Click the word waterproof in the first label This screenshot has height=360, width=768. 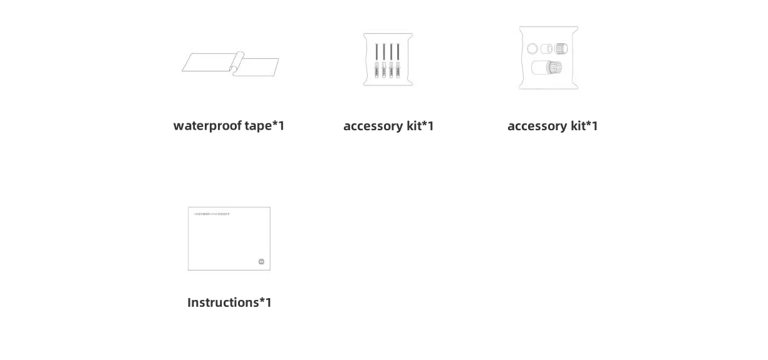coord(207,126)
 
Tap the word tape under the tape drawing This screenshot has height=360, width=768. coord(258,126)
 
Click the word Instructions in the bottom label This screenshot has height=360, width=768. coord(223,302)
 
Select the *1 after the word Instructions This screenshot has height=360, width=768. coord(266,302)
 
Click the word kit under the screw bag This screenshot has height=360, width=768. coord(414,126)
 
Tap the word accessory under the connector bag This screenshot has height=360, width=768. coord(537,126)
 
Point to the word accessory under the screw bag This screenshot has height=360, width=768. coord(373,126)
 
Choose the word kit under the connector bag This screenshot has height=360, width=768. coord(578,126)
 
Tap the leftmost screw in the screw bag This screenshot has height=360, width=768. coord(376,53)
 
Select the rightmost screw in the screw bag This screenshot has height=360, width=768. coord(399,53)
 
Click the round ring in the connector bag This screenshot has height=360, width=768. coord(532,49)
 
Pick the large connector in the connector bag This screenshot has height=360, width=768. coord(546,67)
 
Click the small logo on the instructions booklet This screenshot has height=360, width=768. coord(261,262)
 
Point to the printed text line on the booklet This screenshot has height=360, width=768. coord(212,214)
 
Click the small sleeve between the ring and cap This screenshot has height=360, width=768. coord(546,49)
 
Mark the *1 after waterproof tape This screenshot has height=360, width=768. coord(279,126)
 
